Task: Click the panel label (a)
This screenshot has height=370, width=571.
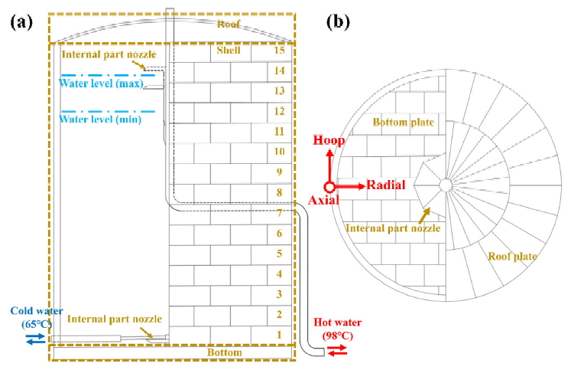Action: pyautogui.click(x=21, y=21)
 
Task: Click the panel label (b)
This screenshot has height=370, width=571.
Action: pyautogui.click(x=338, y=21)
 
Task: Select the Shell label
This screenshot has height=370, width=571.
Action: pyautogui.click(x=228, y=51)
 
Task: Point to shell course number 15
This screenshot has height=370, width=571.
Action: pyautogui.click(x=280, y=51)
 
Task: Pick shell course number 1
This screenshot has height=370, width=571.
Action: pyautogui.click(x=280, y=334)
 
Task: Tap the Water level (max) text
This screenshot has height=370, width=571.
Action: pyautogui.click(x=101, y=83)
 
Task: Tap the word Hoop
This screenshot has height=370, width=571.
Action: pyautogui.click(x=329, y=141)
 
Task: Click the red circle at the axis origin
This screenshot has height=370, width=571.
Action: pyautogui.click(x=329, y=185)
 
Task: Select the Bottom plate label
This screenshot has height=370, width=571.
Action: pyautogui.click(x=403, y=123)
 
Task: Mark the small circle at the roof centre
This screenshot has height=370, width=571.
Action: pyautogui.click(x=444, y=184)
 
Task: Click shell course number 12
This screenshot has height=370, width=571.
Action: pyautogui.click(x=280, y=112)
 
